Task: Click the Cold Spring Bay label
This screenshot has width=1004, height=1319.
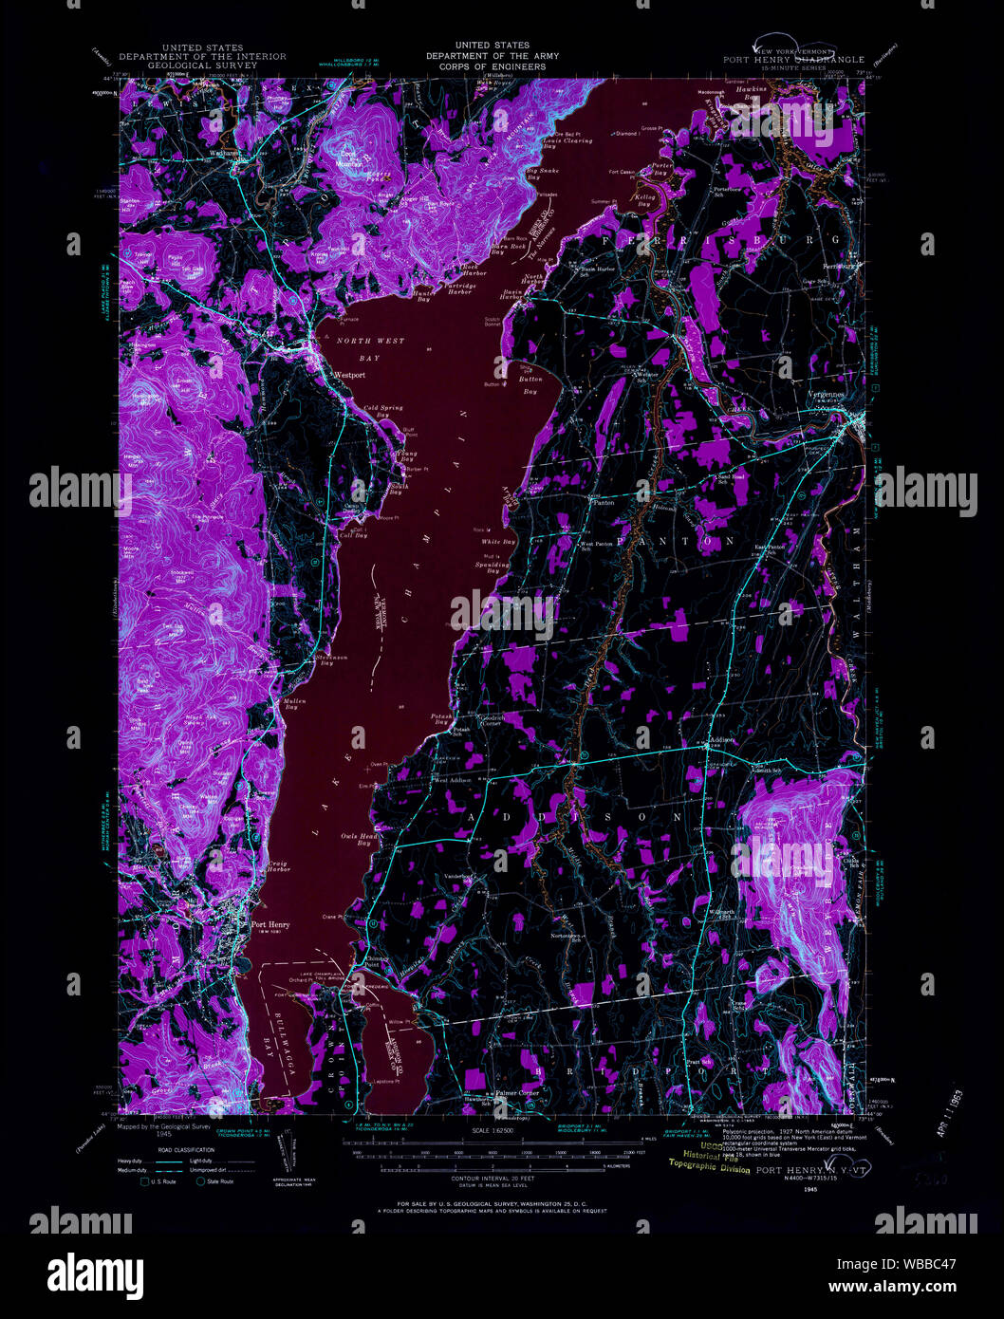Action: pos(383,411)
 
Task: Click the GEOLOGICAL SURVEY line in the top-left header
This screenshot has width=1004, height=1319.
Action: pos(201,66)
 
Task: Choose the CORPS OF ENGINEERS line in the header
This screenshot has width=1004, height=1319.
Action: pos(492,66)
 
